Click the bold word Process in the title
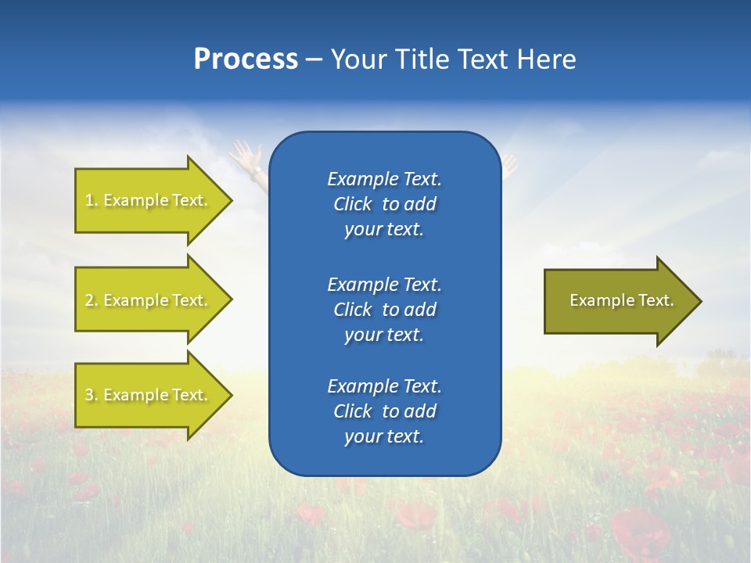coord(246,59)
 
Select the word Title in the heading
coord(420,59)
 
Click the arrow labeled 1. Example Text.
coord(149,201)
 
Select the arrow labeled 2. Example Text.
coord(149,300)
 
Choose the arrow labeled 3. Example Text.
coord(149,395)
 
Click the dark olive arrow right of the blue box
coord(618,301)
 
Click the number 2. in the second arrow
coord(92,300)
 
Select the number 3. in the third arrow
coord(92,395)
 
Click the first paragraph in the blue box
coord(384,204)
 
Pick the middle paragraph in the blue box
coord(384,310)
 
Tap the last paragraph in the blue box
coord(384,411)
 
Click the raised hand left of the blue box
coord(249,156)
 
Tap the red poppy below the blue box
coord(415,516)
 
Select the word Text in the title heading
coord(483,59)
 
